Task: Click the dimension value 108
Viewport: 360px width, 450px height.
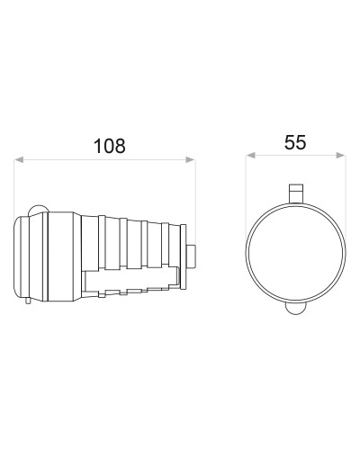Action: [110, 146]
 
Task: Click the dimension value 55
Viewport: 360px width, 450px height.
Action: [295, 142]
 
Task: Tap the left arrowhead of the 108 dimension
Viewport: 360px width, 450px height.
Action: [19, 160]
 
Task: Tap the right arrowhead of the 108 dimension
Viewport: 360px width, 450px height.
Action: [191, 160]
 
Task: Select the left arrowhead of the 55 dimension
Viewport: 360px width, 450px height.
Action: [250, 155]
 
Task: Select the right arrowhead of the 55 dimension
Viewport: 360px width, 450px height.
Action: [340, 155]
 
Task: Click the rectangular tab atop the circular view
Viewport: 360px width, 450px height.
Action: [296, 193]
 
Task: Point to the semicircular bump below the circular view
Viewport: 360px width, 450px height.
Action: [296, 309]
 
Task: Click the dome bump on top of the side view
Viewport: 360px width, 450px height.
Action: [38, 210]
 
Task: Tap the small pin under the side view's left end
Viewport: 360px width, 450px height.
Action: [28, 301]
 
